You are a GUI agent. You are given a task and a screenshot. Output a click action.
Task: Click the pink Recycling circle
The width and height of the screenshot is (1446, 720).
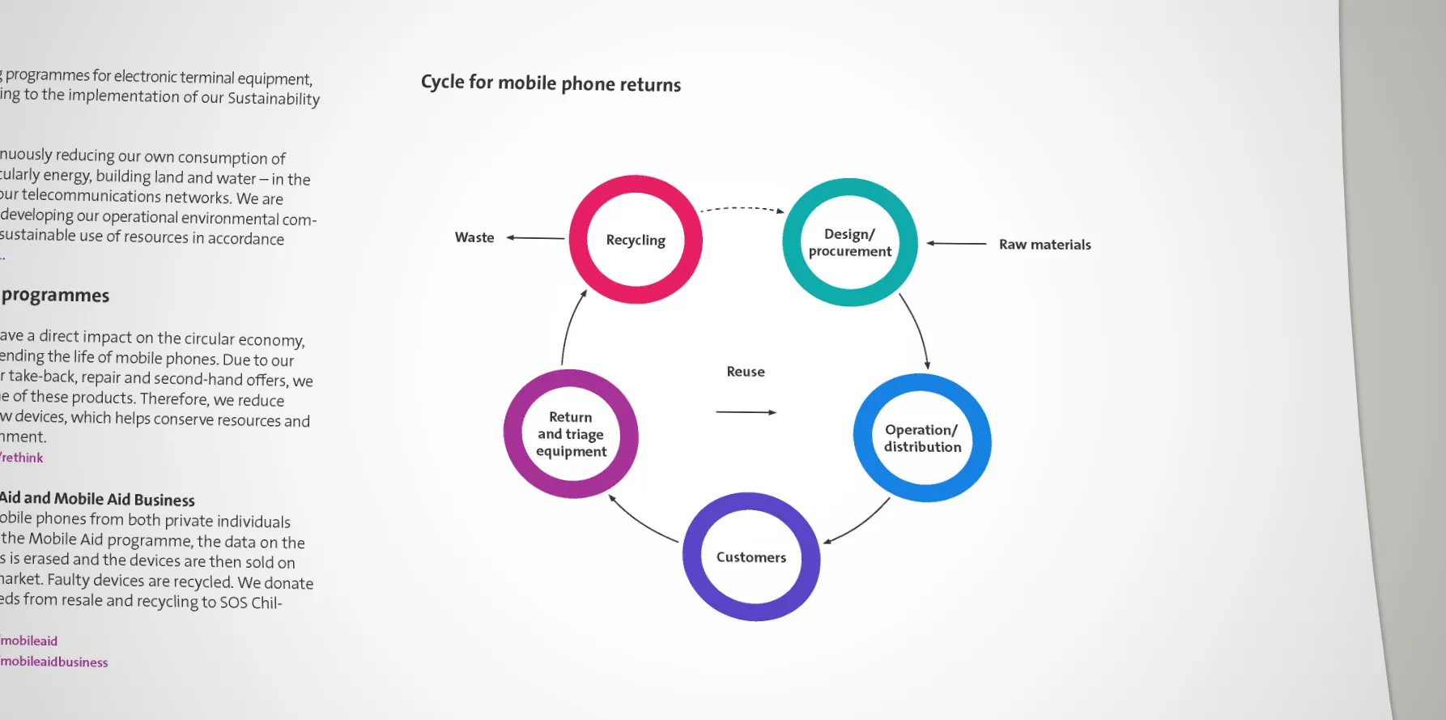coord(636,240)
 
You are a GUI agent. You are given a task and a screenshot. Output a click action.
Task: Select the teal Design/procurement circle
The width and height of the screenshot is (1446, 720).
coord(849,242)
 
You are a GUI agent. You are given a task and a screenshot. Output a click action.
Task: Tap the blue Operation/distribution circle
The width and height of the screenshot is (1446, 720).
coord(922,438)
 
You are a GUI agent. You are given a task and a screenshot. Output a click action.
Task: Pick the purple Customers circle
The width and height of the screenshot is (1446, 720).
coord(751,557)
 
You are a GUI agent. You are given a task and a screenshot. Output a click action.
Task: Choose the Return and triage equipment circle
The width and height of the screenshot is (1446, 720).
coord(571,434)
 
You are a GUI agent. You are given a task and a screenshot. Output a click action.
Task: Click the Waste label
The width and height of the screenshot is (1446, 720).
coord(474,237)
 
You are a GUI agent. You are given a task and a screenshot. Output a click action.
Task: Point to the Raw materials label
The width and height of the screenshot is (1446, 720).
coord(1044,245)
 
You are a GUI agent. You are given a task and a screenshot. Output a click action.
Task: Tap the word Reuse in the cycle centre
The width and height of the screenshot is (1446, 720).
coord(746,372)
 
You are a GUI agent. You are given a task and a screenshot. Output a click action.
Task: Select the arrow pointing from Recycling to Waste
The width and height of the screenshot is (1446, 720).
coord(535,238)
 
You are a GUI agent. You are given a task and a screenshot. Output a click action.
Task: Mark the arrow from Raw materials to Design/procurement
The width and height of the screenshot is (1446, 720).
coord(956,243)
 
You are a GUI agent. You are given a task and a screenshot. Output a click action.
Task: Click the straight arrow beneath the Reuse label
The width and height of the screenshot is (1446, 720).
coord(746,412)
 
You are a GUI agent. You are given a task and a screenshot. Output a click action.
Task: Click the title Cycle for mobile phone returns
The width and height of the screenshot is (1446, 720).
coord(551,83)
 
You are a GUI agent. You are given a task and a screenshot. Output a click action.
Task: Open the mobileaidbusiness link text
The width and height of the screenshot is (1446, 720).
coord(54,662)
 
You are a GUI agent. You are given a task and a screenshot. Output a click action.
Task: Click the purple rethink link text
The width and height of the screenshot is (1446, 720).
coord(22,458)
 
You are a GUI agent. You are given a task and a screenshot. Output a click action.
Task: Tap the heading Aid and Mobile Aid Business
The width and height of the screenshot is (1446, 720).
coord(97,499)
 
